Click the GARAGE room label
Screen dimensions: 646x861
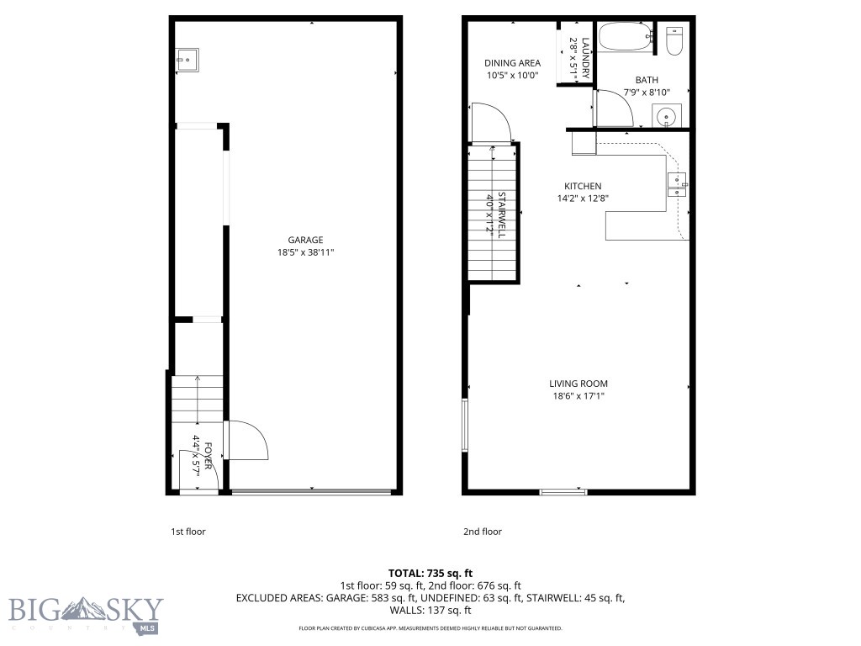point(305,240)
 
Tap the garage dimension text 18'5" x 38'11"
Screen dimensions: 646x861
point(305,252)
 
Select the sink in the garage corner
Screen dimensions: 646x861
point(187,59)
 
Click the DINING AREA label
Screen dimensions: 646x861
point(512,63)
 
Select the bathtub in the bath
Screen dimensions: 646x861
point(623,36)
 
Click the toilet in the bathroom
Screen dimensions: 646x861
point(674,41)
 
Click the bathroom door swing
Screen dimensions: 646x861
point(615,108)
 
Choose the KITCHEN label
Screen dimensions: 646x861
point(582,186)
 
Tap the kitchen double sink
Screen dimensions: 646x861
point(677,185)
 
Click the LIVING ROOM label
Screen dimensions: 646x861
point(578,384)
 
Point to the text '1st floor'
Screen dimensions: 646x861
point(188,532)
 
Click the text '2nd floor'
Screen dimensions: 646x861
point(483,532)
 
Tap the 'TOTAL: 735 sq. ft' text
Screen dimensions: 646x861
point(430,573)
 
